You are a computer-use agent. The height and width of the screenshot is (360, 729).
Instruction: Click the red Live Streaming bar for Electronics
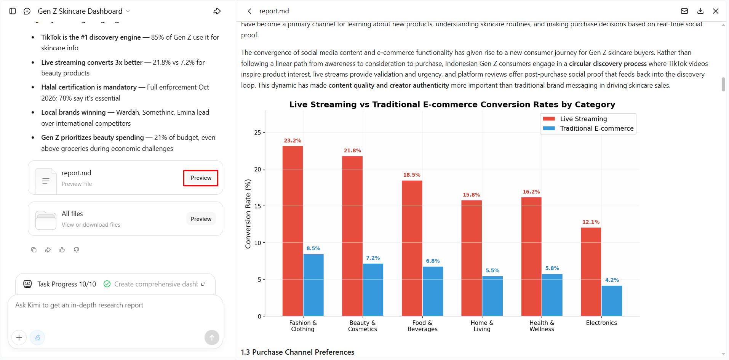[591, 272]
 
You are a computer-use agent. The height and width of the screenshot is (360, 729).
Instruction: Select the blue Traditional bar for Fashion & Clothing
[313, 285]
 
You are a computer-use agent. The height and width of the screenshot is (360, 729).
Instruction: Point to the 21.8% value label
[352, 150]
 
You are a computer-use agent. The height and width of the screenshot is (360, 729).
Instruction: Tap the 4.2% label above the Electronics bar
[612, 280]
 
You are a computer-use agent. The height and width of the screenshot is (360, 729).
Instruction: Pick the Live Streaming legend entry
[575, 119]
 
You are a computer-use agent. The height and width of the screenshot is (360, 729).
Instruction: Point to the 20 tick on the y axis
[257, 169]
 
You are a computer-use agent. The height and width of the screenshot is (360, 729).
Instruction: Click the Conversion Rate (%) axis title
[248, 214]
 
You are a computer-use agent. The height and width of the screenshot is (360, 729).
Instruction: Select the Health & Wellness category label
[542, 326]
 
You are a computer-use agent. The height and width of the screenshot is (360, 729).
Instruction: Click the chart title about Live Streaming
[452, 104]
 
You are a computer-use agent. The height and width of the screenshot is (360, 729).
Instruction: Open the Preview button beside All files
[201, 219]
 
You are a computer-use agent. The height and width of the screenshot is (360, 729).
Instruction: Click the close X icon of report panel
[716, 11]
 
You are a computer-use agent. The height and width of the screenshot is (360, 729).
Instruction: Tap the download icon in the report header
[700, 11]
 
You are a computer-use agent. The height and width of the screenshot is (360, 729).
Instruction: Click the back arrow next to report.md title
[249, 11]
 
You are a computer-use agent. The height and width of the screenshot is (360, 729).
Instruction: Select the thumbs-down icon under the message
[77, 250]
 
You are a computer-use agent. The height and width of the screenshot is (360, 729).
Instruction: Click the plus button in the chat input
[19, 338]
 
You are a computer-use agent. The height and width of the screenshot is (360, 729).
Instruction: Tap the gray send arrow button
[212, 338]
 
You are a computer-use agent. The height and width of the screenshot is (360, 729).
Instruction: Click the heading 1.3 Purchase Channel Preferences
[297, 352]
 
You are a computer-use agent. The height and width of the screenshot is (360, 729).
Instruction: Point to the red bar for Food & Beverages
[412, 248]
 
